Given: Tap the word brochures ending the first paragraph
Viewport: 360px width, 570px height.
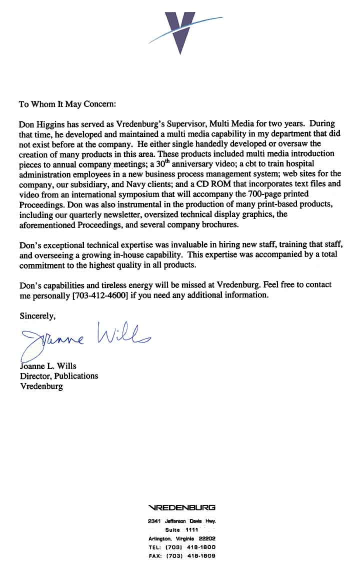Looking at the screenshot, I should point(220,224).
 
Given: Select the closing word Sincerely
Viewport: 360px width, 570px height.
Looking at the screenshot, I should point(37,316).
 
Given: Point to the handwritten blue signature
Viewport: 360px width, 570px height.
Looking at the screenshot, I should point(85,339).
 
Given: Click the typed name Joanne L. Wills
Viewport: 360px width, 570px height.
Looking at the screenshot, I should point(48,366).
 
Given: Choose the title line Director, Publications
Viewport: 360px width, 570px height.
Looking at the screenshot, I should point(59,376).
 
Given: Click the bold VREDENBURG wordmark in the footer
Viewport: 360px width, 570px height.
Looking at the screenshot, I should point(182,507).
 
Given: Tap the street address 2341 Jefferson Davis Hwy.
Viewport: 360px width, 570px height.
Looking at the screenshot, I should point(182,521).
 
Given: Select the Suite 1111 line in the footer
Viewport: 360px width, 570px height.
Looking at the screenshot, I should point(182,530).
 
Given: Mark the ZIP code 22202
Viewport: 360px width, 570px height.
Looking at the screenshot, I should point(207,538).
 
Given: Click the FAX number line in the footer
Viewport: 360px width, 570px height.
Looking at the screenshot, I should point(182,556).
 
